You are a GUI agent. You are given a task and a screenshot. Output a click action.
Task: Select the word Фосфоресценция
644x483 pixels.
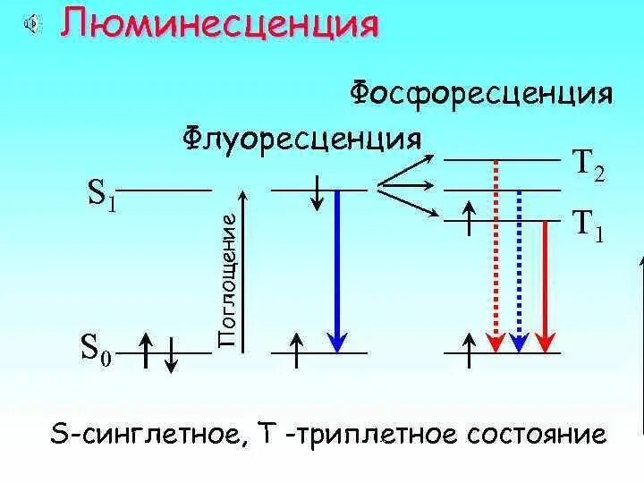[x=480, y=94]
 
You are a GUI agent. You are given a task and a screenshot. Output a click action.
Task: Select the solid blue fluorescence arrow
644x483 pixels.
[x=337, y=268]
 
